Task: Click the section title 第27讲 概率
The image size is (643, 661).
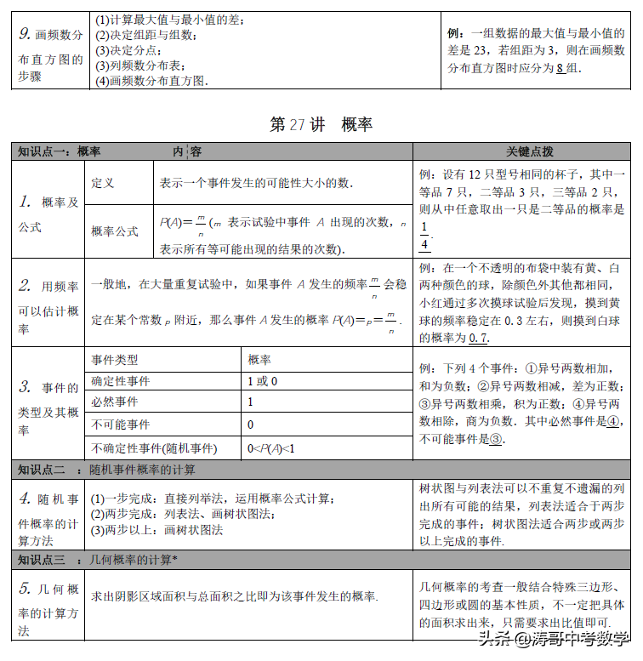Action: [321, 124]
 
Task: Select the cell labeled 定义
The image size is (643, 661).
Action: [103, 183]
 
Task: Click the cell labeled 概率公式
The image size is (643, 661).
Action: [115, 231]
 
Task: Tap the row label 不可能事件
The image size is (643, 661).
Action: [120, 425]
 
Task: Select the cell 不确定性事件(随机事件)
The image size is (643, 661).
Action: [153, 447]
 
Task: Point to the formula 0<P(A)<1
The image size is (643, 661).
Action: [270, 447]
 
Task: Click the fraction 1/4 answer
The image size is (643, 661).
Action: [424, 236]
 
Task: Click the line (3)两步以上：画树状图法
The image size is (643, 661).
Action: [157, 529]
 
